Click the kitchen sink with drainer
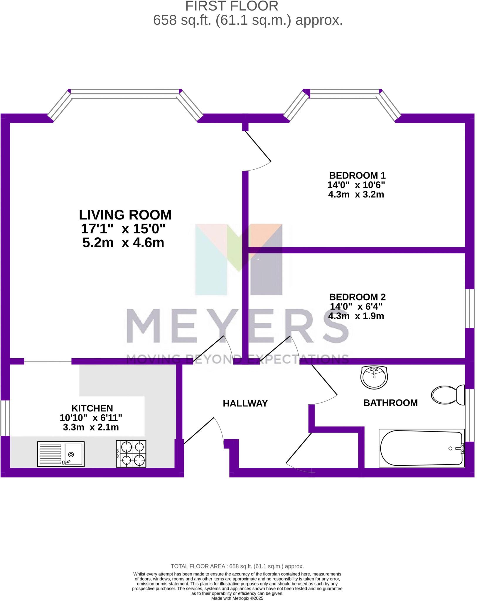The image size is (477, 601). point(61,454)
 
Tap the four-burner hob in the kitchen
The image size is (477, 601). point(131,454)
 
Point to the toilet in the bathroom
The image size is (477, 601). point(448,395)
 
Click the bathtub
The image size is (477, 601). point(422,448)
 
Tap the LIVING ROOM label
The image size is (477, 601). point(125,215)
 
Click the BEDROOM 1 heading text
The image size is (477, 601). point(357,175)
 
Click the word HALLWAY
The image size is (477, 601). point(245,404)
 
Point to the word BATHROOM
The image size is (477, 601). point(390,403)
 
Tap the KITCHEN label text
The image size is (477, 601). point(92,408)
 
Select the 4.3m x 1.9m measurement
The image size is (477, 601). point(356,316)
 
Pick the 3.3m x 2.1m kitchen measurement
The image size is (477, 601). point(91,427)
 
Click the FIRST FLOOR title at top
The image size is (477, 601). point(232,6)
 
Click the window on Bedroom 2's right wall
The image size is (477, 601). point(469,308)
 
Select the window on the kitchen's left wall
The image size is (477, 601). point(5,418)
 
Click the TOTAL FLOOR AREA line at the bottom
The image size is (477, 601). point(237,566)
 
